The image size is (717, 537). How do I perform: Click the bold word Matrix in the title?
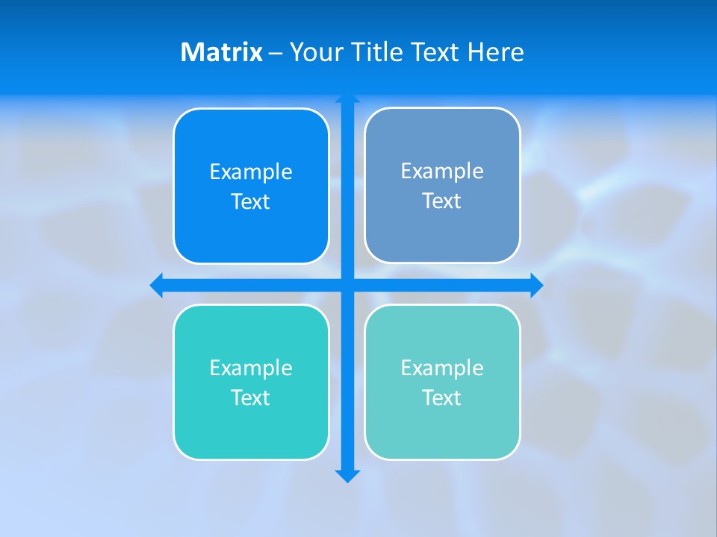click(221, 52)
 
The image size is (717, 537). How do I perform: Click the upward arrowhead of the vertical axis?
click(347, 99)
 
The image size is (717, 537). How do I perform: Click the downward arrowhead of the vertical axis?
click(347, 476)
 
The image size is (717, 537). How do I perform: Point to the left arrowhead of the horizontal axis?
click(157, 285)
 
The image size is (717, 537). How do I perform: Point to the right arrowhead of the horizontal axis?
click(536, 285)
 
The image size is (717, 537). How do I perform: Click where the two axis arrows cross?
click(347, 285)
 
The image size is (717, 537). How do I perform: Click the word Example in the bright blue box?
click(251, 172)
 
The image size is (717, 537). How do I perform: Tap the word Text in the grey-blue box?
click(442, 201)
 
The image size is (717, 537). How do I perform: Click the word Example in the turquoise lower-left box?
click(251, 368)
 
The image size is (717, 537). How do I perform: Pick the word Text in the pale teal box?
click(442, 398)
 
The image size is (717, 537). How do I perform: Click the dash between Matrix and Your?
click(276, 52)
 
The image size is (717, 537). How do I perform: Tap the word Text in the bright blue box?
click(251, 201)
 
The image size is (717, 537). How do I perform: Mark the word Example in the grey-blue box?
click(442, 171)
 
